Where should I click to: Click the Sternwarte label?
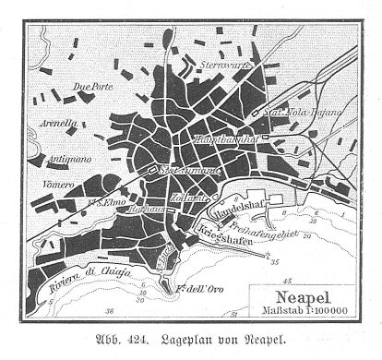pos(222,67)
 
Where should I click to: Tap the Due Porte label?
pos(89,88)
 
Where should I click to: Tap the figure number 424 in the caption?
pos(133,338)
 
